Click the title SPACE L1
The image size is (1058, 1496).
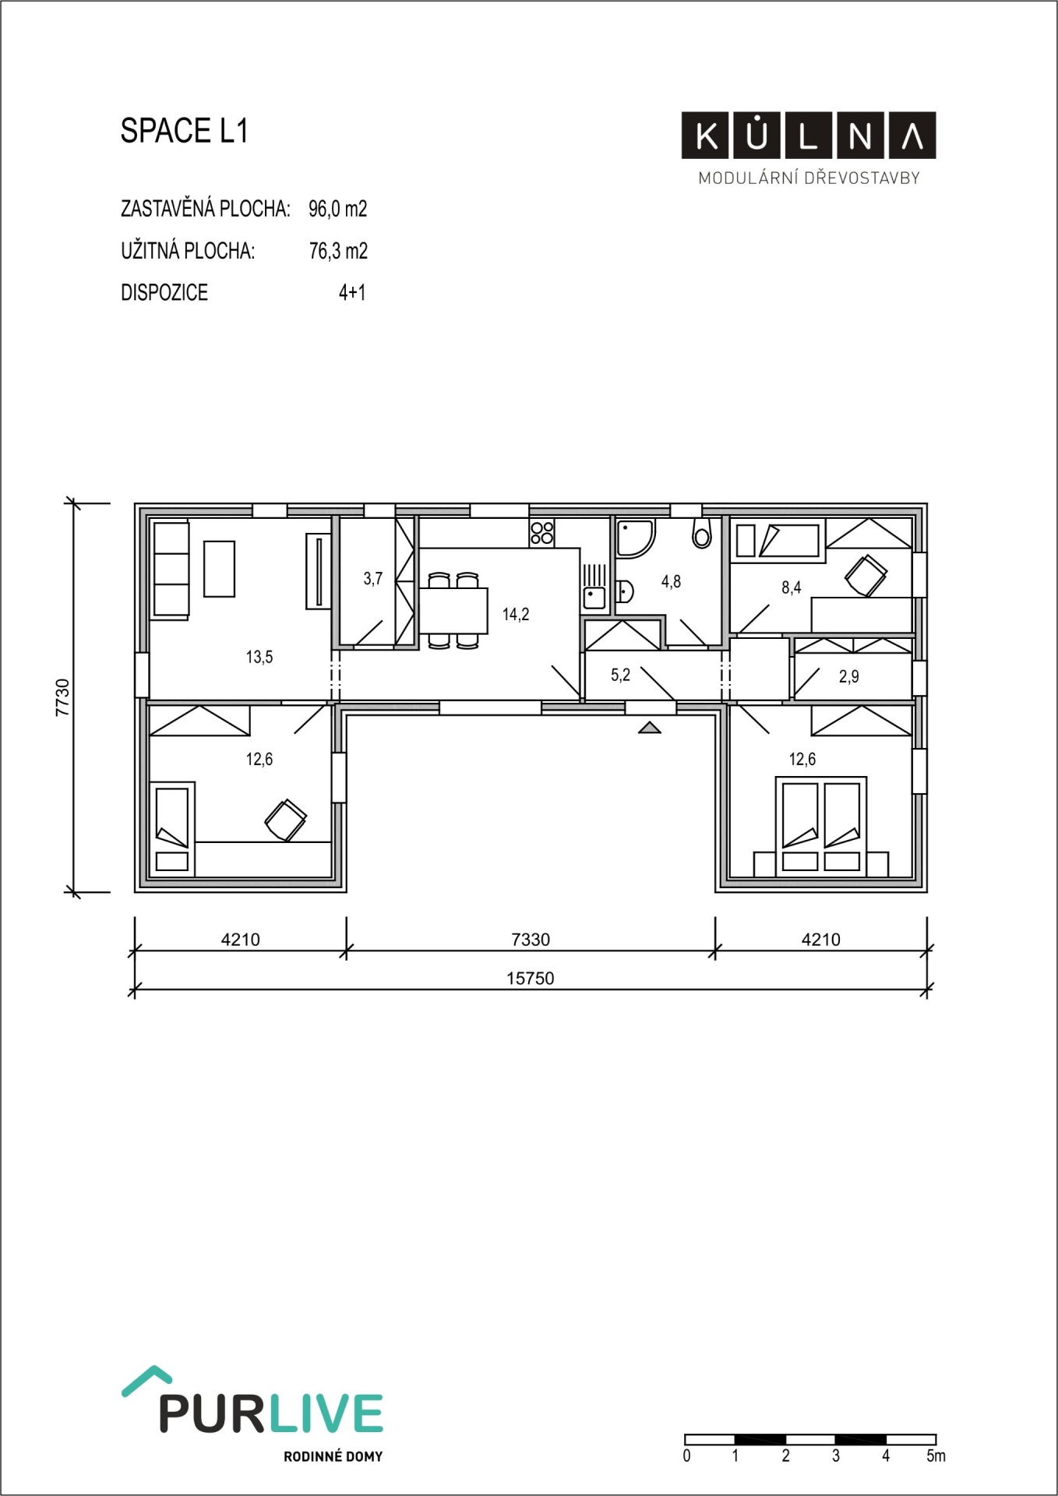tap(184, 131)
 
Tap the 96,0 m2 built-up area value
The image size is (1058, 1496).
tap(338, 209)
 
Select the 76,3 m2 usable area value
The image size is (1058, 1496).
tap(338, 251)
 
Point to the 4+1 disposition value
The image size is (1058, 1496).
tap(352, 292)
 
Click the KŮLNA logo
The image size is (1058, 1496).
tap(809, 136)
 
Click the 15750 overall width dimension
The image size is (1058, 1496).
tap(531, 979)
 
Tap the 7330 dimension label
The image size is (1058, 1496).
tap(531, 940)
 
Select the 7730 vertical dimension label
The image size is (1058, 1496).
tap(63, 697)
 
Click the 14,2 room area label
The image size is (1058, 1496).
tap(516, 615)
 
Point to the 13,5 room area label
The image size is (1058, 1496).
tap(259, 657)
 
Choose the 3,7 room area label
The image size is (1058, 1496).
tap(373, 578)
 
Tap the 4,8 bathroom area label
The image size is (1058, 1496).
tap(671, 581)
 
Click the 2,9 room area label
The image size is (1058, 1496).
tap(849, 676)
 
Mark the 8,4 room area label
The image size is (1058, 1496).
tap(792, 587)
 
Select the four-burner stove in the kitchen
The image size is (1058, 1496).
tap(542, 532)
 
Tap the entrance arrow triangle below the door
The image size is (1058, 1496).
tap(650, 728)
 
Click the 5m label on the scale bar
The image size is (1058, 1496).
tap(936, 1455)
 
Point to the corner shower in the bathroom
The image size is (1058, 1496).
tap(637, 539)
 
